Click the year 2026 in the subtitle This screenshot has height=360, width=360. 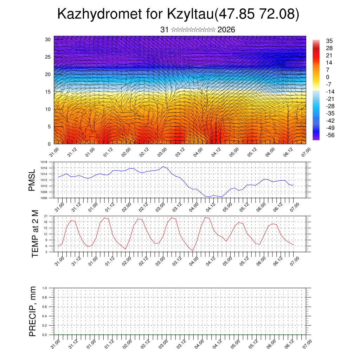[226, 30]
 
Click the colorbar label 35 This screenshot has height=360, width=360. [329, 41]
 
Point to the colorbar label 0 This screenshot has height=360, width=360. [328, 77]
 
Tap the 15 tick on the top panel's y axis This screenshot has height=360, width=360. [48, 92]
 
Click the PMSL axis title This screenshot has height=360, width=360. [32, 180]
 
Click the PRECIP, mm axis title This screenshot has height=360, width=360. [33, 311]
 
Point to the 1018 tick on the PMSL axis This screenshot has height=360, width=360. [44, 162]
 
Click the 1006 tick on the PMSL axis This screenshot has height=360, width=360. [44, 198]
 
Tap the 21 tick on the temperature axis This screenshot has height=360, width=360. [46, 216]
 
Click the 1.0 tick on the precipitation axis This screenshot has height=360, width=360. [45, 288]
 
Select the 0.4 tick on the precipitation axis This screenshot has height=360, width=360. [45, 316]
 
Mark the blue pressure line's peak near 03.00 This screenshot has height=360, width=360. [163, 167]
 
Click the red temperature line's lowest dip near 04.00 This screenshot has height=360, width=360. [193, 251]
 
